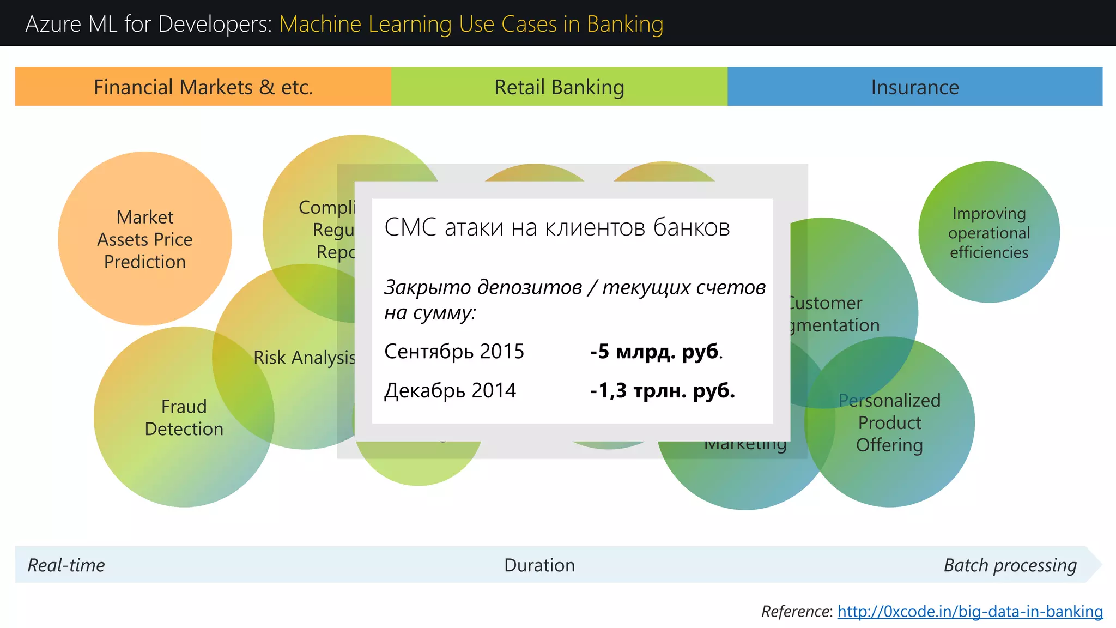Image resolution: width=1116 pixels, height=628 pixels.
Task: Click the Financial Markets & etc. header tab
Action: point(203,87)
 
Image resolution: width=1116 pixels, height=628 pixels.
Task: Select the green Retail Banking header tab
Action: point(559,87)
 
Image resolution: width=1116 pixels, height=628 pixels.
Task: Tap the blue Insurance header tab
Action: point(915,87)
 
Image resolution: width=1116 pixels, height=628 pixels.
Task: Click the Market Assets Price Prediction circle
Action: point(145,239)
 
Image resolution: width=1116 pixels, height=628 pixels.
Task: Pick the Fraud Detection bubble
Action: point(184,418)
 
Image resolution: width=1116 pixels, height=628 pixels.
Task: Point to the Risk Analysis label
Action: point(304,358)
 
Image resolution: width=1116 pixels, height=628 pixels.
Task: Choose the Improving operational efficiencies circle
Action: point(989,233)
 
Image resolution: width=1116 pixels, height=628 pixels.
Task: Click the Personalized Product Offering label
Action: point(889,422)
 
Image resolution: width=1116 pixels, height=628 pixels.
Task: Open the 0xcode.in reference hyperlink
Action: point(970,612)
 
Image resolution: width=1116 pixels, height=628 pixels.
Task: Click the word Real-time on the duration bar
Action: point(66,565)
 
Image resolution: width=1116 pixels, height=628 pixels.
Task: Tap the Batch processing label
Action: point(1010,565)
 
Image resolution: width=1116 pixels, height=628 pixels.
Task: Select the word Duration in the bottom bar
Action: point(539,565)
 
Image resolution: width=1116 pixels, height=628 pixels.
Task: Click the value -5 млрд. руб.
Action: point(656,352)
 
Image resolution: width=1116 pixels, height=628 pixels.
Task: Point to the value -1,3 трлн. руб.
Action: point(662,391)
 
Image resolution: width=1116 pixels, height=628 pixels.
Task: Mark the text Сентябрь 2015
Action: point(454,352)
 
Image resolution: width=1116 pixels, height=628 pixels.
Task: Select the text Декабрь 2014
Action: point(450,391)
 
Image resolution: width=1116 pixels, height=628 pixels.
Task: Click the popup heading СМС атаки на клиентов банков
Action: point(557,227)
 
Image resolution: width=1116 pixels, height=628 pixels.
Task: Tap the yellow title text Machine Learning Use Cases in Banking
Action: point(471,24)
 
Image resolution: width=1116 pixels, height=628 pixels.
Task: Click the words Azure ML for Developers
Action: point(148,24)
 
